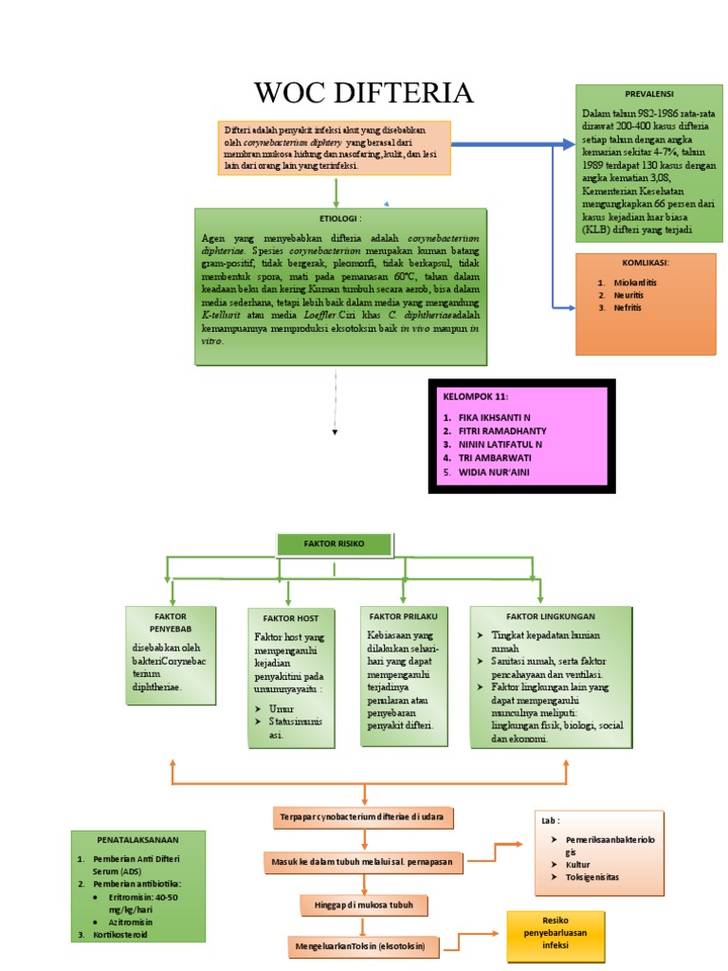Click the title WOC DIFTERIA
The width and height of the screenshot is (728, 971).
coord(363,93)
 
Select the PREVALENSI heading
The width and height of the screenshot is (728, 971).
coord(648,96)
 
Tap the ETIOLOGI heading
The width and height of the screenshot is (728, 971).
coord(340,218)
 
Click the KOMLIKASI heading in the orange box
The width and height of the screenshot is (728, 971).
coord(646,262)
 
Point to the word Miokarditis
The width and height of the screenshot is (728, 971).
coord(635,283)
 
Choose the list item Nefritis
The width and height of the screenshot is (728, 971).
coord(628,307)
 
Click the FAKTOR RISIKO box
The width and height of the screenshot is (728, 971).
coord(334,544)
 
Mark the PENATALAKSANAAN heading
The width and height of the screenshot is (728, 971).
coord(137,839)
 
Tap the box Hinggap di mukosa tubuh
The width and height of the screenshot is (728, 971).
coord(365,905)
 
